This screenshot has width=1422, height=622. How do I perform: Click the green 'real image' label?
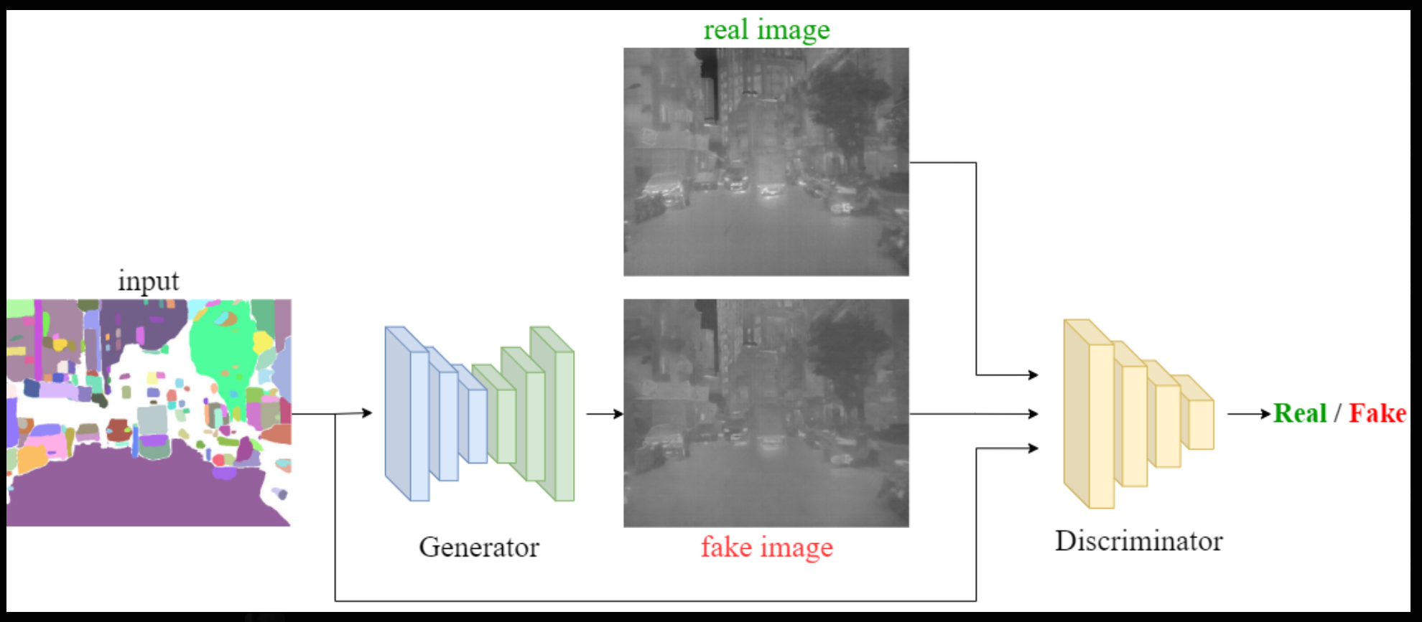[x=766, y=30]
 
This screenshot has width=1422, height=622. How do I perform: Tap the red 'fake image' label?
[x=767, y=547]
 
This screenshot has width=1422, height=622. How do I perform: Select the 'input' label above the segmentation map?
[x=149, y=281]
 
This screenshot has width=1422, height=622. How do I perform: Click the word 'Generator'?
[x=479, y=547]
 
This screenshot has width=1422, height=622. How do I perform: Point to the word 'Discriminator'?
[x=1139, y=541]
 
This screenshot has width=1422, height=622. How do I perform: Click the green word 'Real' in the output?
[x=1300, y=413]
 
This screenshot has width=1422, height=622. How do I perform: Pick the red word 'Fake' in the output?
[x=1377, y=413]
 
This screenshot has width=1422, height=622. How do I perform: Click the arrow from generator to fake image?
[x=605, y=414]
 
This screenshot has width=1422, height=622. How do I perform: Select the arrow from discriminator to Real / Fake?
[x=1250, y=414]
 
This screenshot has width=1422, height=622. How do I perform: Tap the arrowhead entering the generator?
[x=367, y=413]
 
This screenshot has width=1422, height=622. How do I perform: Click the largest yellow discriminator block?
[x=1089, y=414]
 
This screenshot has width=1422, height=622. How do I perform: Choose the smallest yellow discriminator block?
[x=1194, y=413]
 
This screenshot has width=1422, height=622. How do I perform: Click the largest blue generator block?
[x=407, y=414]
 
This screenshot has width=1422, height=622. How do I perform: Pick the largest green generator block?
[x=552, y=414]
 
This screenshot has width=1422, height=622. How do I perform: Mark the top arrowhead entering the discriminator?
[x=1033, y=374]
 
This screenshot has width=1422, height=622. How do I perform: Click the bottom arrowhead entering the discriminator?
[x=1033, y=448]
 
